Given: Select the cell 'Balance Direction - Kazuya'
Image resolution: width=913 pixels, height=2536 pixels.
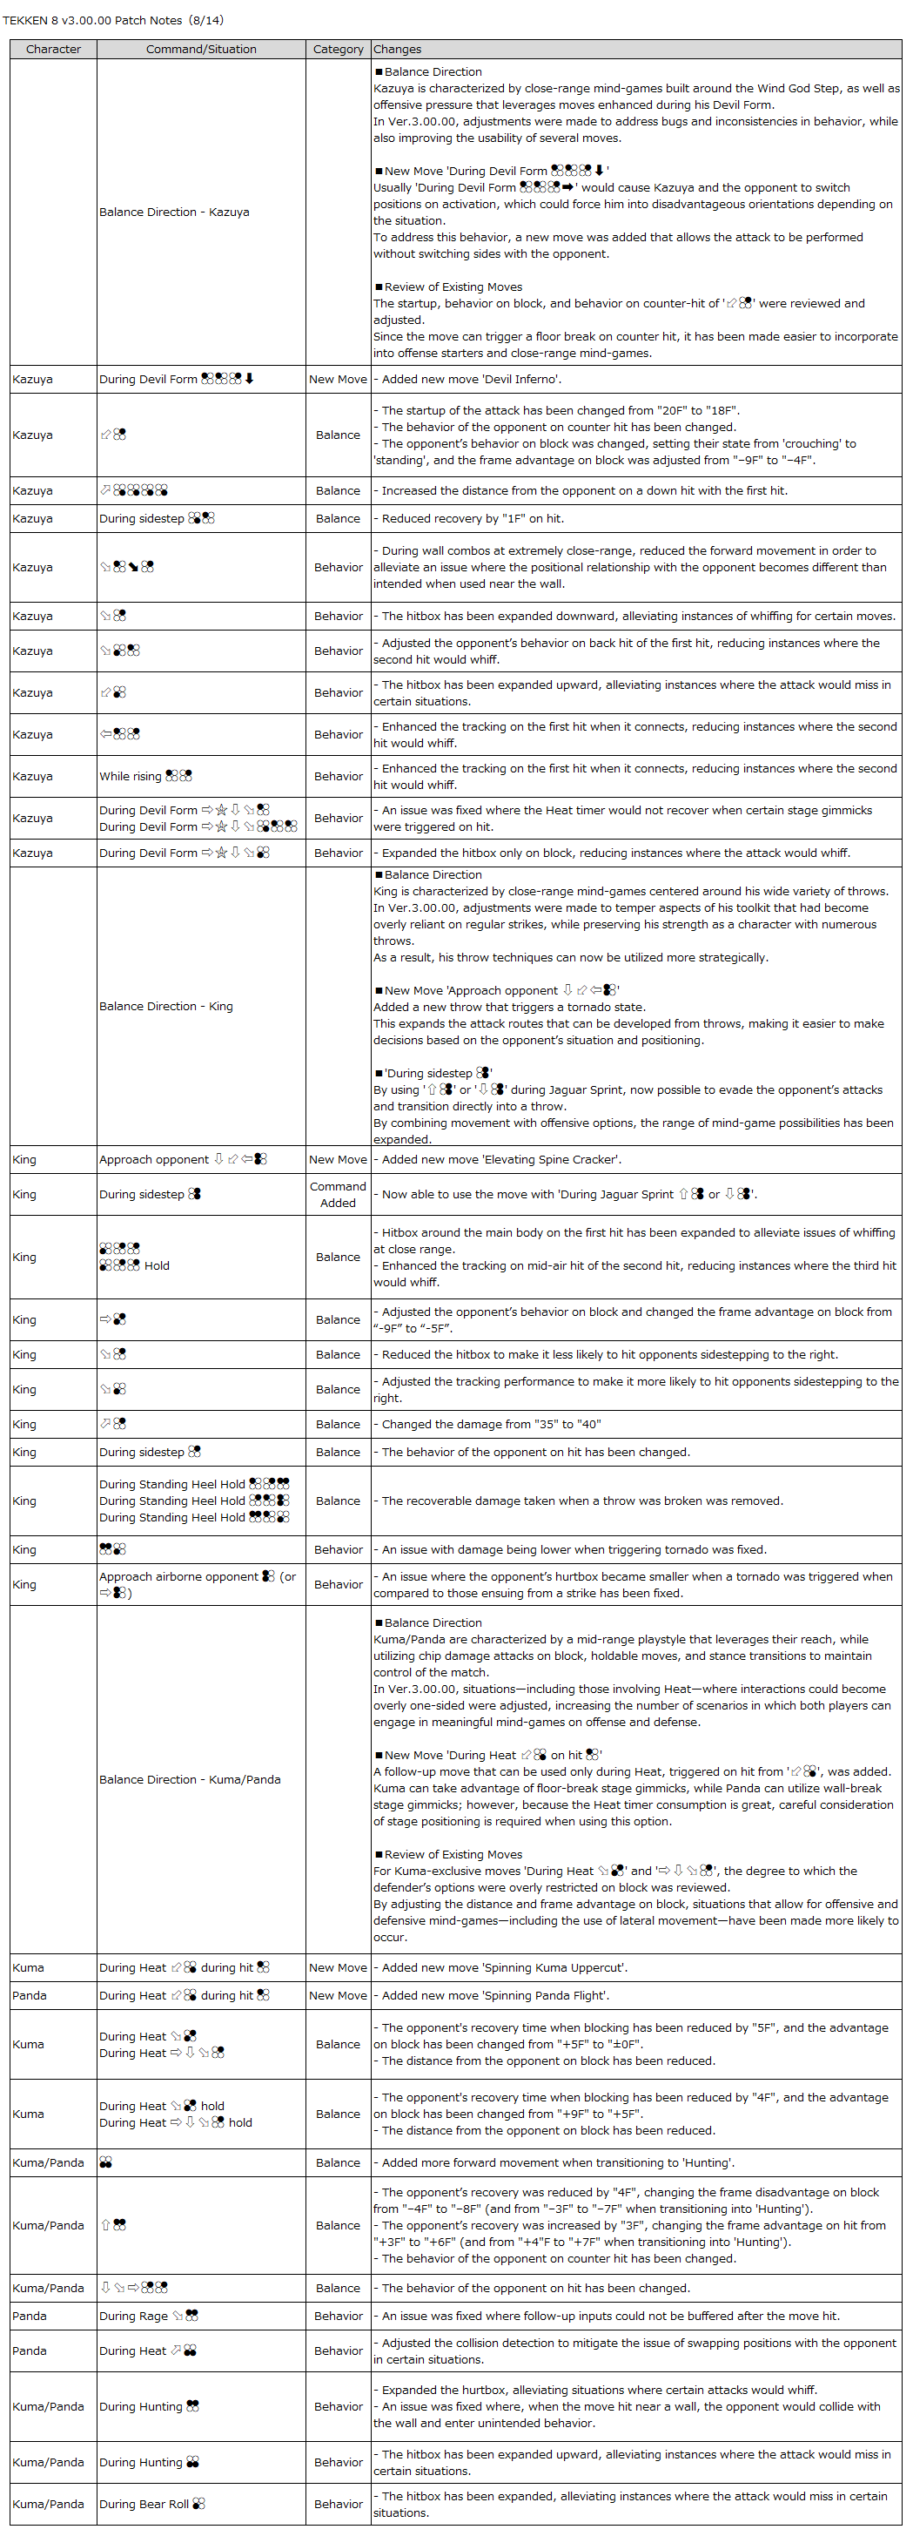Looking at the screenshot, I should click(174, 212).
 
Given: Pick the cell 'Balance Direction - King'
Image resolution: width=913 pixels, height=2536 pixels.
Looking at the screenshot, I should click(166, 1006).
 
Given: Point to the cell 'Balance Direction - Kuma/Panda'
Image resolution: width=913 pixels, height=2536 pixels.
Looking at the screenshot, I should click(190, 1779).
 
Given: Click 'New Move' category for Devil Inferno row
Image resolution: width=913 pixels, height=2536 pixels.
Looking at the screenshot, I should click(338, 379).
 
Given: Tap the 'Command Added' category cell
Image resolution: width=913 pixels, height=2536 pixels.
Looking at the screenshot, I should click(338, 1194).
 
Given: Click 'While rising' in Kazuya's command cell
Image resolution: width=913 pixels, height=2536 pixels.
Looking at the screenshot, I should click(130, 776).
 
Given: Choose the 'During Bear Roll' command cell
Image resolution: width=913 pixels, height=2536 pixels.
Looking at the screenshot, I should click(144, 2504).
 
